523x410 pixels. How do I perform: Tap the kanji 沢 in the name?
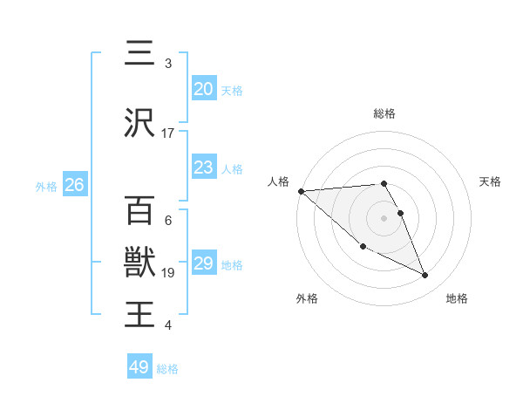[139, 124]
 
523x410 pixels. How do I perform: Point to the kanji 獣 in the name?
[139, 262]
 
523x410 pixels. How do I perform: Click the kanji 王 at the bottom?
[139, 313]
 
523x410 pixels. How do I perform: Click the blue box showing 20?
[203, 88]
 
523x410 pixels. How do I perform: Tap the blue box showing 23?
[203, 167]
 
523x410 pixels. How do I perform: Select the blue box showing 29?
[203, 263]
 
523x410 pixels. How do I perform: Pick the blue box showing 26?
[74, 184]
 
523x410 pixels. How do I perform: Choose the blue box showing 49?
[139, 367]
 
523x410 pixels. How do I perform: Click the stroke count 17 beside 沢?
[168, 133]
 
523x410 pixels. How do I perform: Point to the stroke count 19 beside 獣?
[168, 273]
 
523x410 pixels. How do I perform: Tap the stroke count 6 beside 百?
[168, 221]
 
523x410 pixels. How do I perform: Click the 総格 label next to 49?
[167, 369]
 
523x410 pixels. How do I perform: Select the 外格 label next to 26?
[46, 186]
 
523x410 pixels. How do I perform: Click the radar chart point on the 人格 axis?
[301, 191]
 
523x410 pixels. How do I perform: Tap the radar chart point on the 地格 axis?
[425, 276]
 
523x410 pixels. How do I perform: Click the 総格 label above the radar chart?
[384, 113]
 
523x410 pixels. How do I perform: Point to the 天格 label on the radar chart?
[491, 181]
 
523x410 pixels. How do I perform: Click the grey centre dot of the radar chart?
[384, 217]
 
